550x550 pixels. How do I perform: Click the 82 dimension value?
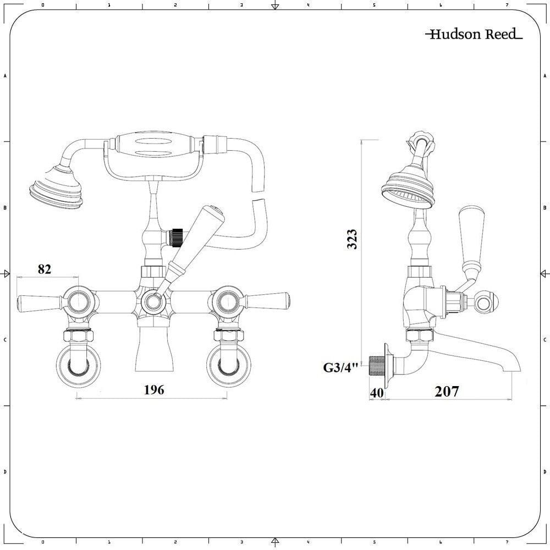pos(45,269)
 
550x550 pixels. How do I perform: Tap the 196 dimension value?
pos(154,390)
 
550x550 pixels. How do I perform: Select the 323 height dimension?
pos(353,239)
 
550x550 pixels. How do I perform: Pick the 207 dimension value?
pos(447,392)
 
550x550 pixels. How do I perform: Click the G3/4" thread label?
pos(341,367)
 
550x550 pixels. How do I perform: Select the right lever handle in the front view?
pos(268,301)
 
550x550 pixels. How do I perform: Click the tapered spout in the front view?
pos(154,349)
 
